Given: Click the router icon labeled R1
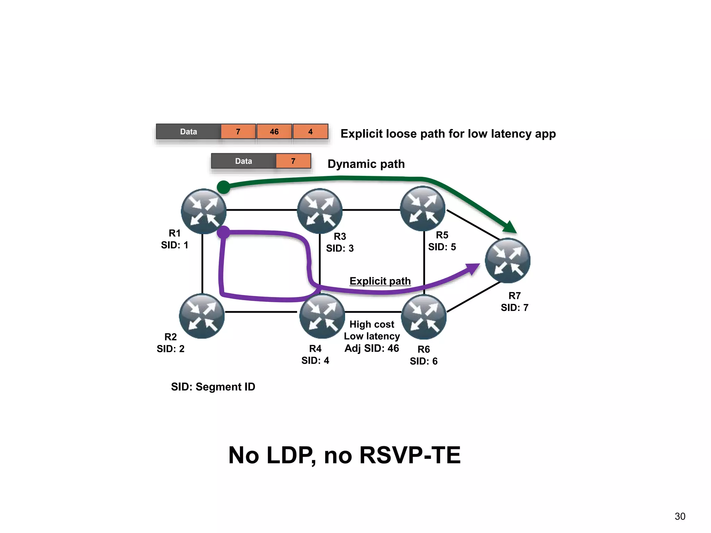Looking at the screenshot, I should pos(203,211).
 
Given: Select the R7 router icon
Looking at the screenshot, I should pos(507,260).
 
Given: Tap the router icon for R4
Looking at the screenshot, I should pos(322,316).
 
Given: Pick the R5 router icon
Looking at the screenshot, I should pos(423,209).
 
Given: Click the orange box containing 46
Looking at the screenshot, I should pos(274,132).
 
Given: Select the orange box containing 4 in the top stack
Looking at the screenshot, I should pos(310,132).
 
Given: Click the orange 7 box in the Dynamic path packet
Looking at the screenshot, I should pos(293,161).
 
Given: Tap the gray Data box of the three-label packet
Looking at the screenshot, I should pos(189,132).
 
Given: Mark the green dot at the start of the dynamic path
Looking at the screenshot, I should pos(224,187).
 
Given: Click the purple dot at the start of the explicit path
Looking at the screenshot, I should pos(224,232).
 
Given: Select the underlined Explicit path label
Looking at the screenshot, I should pos(380,281).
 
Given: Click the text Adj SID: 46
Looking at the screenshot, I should pos(371,348).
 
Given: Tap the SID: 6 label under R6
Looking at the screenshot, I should pos(424,361).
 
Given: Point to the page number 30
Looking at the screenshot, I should pos(680,516).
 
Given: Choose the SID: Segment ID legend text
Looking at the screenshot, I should pos(213,387).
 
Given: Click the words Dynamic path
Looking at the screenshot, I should pos(366,164).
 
